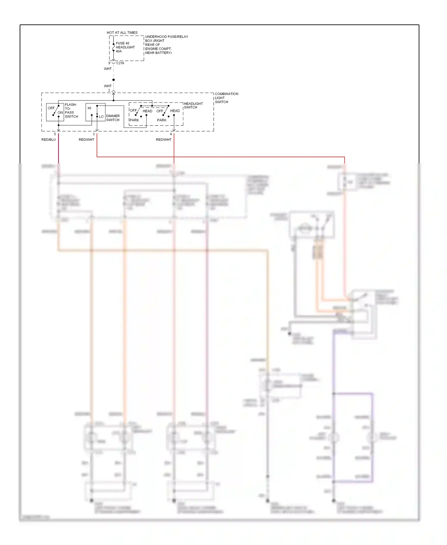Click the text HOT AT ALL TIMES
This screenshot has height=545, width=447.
pos(122,32)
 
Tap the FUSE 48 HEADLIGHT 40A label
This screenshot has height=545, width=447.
pos(125,47)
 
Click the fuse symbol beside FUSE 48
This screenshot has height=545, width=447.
pos(114,47)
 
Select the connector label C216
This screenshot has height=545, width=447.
pos(120,63)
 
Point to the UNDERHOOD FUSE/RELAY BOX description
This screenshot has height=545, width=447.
pos(166,45)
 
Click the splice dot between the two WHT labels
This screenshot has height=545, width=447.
pos(114,80)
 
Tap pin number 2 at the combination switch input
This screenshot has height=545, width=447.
pos(109,90)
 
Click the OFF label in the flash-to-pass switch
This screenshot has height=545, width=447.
pos(51,108)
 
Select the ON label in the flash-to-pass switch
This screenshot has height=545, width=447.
pos(60,113)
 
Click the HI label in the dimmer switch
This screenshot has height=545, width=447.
pos(89,108)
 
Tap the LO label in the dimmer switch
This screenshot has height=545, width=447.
pos(101,117)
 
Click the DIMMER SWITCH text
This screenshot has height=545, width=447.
pos(113,118)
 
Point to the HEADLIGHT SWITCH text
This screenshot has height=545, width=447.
pos(193,106)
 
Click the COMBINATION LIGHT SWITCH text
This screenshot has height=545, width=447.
pos(226,98)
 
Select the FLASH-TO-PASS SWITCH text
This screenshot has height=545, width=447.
pos(71,111)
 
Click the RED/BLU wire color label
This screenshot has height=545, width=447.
pos(49,140)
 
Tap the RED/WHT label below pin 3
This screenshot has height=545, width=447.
pos(86,140)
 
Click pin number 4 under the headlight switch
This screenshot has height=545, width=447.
pos(171,134)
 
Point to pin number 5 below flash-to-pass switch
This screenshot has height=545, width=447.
pos(55,134)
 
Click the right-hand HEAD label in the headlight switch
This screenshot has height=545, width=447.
pos(175,111)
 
